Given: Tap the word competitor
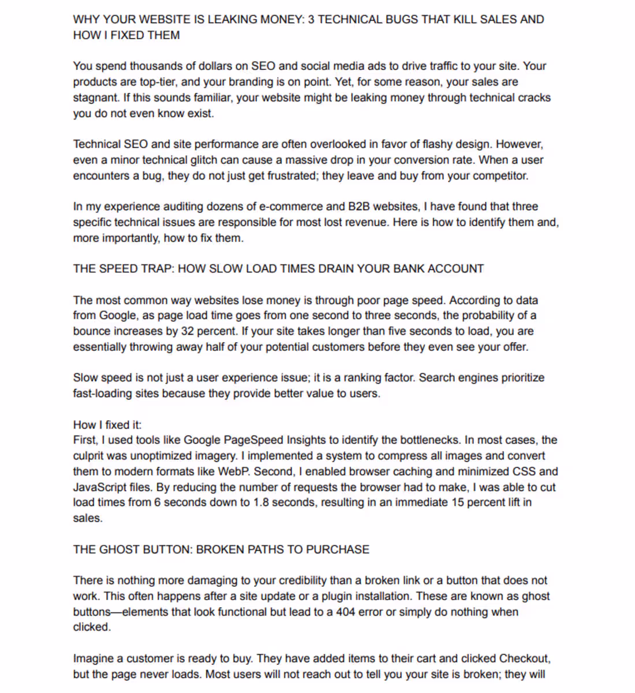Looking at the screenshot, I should (x=500, y=175).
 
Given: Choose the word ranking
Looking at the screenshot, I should (x=363, y=378).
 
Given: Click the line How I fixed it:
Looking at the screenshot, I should (x=107, y=425).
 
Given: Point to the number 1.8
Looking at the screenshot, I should (x=261, y=503).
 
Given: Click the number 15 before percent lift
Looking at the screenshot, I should (x=458, y=503).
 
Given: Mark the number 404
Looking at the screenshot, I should (x=345, y=612).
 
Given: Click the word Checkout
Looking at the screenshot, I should (x=524, y=658).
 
